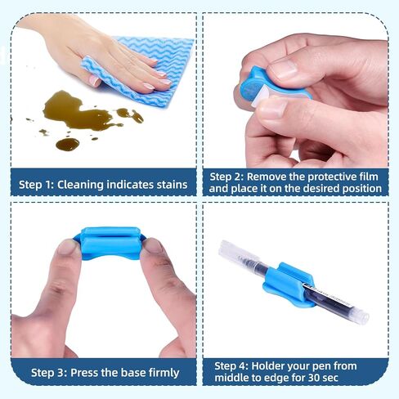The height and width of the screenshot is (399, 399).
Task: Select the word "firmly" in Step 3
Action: tap(164, 373)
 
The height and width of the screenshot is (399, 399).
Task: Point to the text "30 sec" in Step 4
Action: tap(323, 378)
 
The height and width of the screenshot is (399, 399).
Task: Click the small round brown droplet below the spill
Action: tap(68, 144)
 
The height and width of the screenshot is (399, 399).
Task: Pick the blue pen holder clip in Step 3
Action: tap(110, 243)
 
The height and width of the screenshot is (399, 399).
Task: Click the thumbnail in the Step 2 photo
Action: tap(273, 109)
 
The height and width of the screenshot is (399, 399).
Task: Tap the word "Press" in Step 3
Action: tap(83, 373)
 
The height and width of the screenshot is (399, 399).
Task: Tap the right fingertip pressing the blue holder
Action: tap(153, 246)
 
